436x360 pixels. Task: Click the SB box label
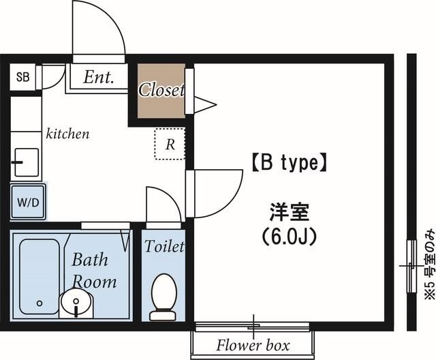[x=22, y=77]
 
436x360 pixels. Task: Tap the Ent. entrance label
[x=99, y=77]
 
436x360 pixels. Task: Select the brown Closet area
[x=161, y=91]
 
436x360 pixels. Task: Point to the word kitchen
[x=67, y=134]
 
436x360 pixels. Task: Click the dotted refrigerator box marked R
[x=170, y=144]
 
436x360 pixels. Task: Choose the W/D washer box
[x=28, y=201]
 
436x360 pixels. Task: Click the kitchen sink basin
[x=27, y=162]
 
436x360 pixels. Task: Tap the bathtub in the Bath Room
[x=40, y=277]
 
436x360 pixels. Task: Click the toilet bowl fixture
[x=163, y=297]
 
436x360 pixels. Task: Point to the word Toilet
[x=164, y=246]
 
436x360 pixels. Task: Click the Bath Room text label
[x=93, y=271]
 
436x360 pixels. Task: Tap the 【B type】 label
[x=289, y=163]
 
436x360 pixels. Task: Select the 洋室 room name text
[x=289, y=212]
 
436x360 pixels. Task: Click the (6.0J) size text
[x=289, y=237]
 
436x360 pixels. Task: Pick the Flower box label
[x=253, y=345]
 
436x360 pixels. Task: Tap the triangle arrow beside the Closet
[x=205, y=105]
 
